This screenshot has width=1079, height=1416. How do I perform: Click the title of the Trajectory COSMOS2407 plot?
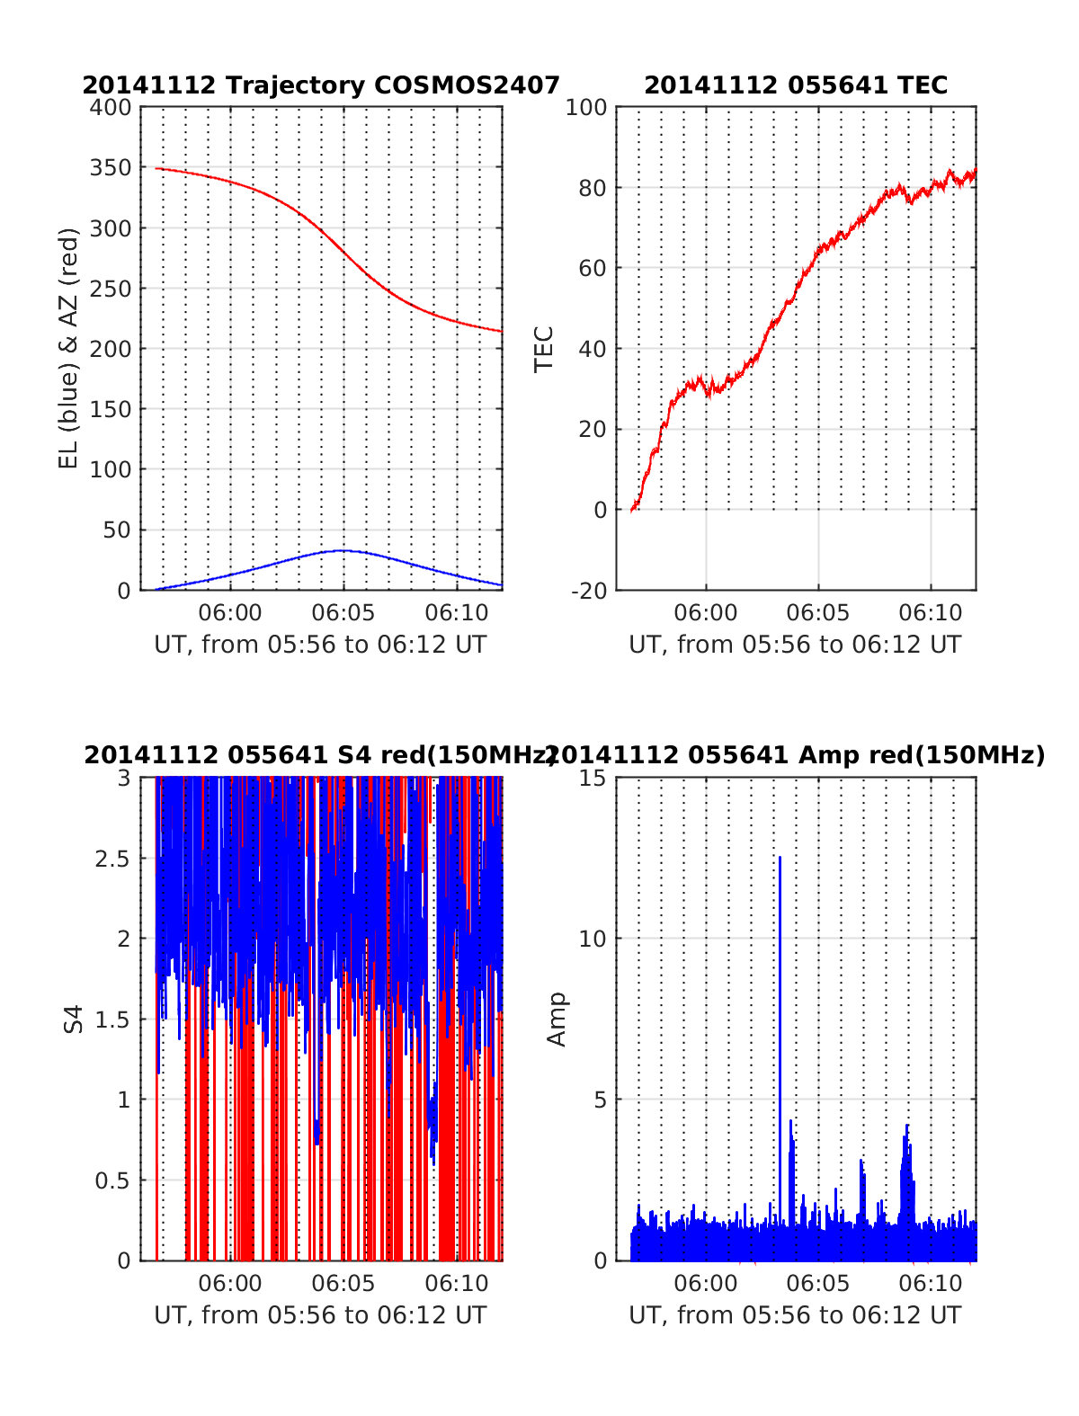tap(321, 85)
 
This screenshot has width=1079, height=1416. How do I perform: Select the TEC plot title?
tap(796, 85)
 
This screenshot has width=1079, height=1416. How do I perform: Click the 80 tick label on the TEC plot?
tap(593, 188)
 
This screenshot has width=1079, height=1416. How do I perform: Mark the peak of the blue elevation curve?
tap(343, 550)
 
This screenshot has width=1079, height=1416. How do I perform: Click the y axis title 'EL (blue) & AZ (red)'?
tap(69, 348)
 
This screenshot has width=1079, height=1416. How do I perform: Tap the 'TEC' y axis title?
tap(544, 349)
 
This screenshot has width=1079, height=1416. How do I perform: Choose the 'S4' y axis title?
tap(74, 1020)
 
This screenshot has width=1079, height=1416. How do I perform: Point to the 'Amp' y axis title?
tap(557, 1020)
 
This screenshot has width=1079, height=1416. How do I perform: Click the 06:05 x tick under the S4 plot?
tap(343, 1283)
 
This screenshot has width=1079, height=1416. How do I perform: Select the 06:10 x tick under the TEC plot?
tap(931, 613)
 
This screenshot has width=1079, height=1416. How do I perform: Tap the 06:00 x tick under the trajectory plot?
tap(231, 613)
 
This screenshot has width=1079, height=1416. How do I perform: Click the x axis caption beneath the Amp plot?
tap(795, 1315)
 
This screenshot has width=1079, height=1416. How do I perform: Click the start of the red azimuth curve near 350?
tap(156, 168)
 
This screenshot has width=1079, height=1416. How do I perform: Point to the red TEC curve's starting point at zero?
tap(632, 510)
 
